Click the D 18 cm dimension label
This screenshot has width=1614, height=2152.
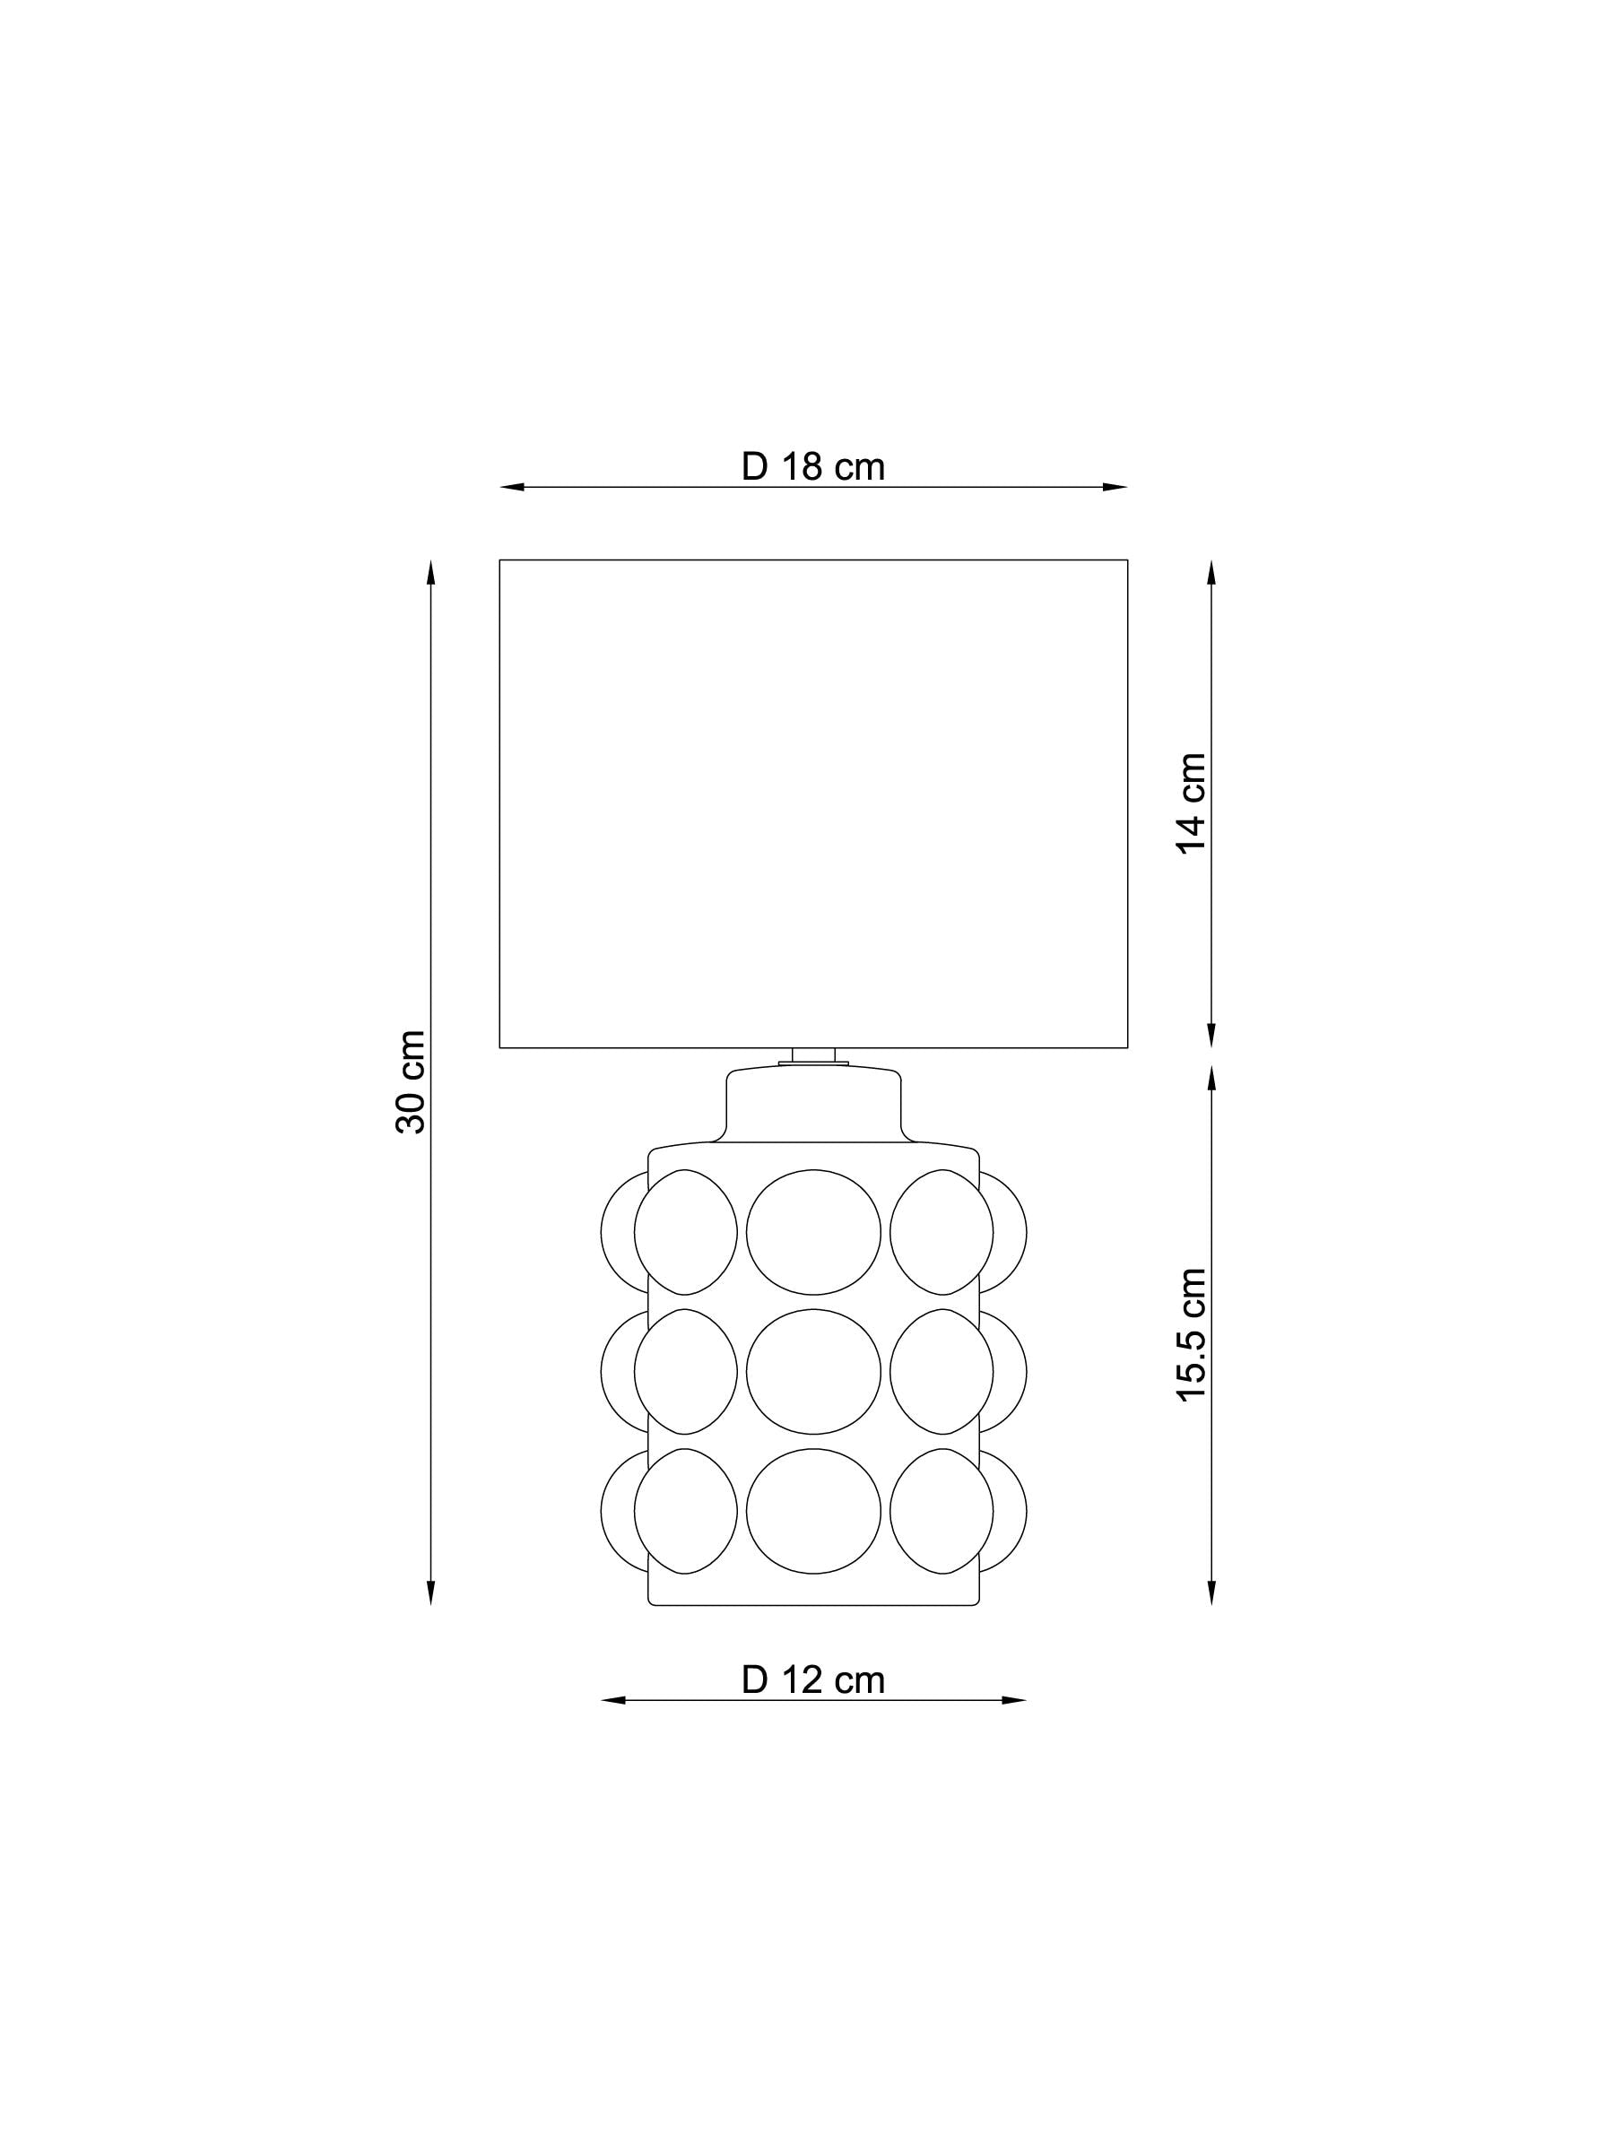point(812,467)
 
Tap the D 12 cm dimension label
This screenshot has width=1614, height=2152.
point(812,1680)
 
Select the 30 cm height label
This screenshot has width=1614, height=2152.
point(412,1082)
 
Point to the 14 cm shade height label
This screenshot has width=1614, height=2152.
point(1192,803)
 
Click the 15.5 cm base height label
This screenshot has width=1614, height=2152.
point(1192,1334)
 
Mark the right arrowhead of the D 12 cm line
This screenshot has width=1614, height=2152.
point(1014,1701)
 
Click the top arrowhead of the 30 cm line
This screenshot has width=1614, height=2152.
point(431,572)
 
